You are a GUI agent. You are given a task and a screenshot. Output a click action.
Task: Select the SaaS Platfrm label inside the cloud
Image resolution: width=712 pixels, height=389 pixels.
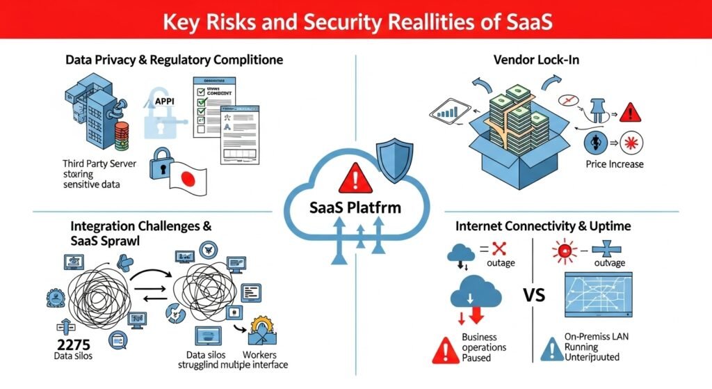(355, 207)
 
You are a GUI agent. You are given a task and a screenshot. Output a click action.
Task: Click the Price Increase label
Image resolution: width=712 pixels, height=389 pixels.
(615, 164)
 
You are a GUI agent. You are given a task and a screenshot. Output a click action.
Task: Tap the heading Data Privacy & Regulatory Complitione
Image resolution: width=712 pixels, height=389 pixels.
(174, 60)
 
